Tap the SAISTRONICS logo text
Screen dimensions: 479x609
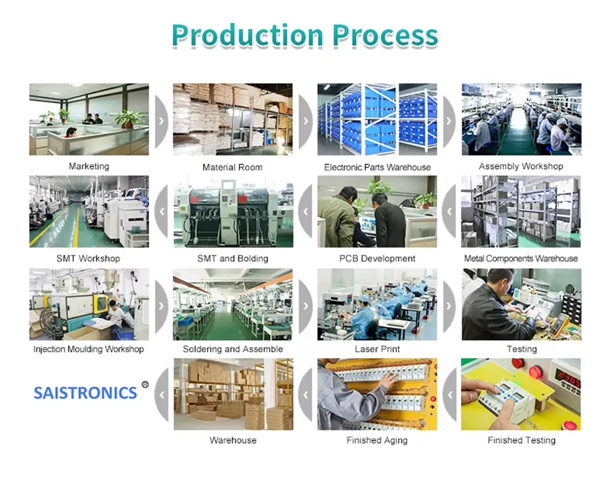[85, 393]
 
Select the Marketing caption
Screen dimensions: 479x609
[89, 166]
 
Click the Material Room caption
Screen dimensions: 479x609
[232, 167]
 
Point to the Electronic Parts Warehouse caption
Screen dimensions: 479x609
[377, 167]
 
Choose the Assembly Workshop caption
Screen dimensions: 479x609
[521, 166]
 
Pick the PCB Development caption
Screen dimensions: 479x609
[377, 259]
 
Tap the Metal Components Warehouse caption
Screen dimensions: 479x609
[521, 259]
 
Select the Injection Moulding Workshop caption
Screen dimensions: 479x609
[88, 349]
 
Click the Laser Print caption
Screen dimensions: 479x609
[377, 349]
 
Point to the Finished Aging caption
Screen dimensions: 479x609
[377, 440]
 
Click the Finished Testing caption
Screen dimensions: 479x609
[521, 440]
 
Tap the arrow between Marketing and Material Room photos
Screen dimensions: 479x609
[161, 120]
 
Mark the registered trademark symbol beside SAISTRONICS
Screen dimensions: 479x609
[145, 385]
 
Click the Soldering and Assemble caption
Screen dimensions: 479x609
[233, 349]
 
